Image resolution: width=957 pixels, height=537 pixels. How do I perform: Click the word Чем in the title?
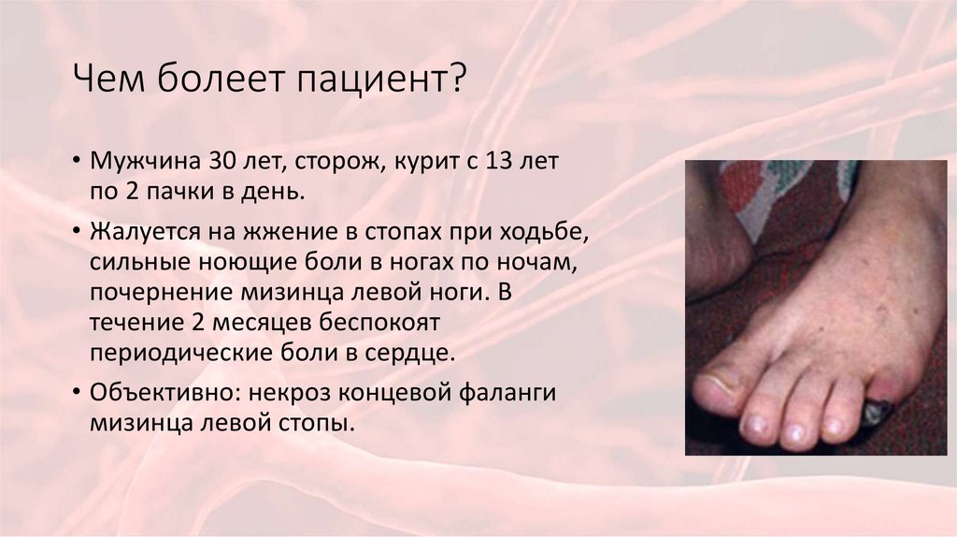click(x=109, y=79)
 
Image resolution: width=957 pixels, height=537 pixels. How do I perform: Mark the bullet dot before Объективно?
click(x=75, y=392)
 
